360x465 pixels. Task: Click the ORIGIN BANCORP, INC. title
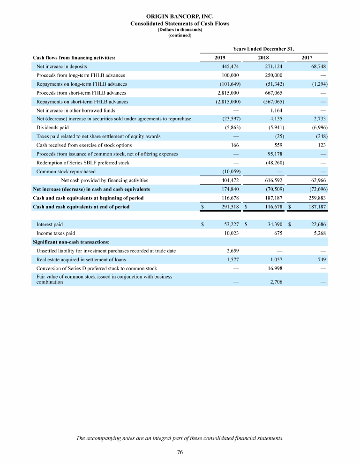(180, 17)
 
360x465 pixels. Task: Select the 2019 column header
(219, 58)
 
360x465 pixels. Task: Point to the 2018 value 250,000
(272, 75)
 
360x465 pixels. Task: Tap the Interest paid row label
(50, 224)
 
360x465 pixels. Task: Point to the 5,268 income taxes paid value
(318, 233)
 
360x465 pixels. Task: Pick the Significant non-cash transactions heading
(71, 242)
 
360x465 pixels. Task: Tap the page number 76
(180, 452)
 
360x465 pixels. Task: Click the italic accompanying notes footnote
(180, 438)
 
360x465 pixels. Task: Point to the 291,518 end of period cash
(230, 207)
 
